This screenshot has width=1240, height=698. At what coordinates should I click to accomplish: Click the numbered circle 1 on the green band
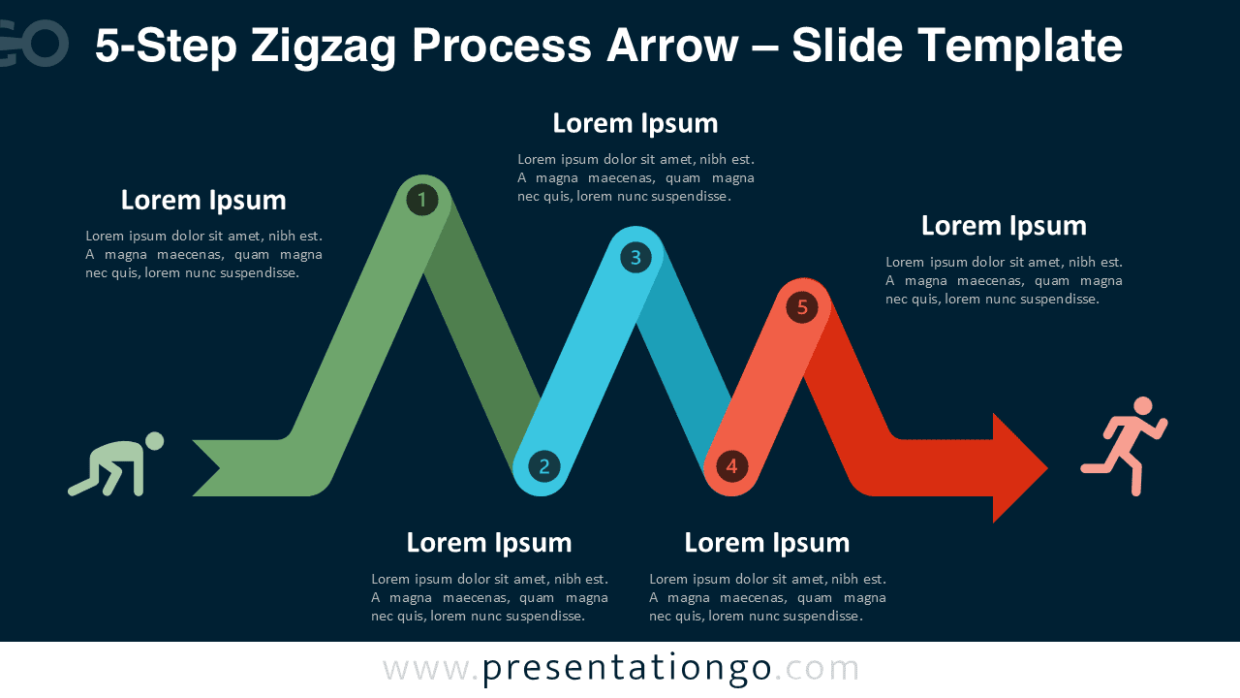421,201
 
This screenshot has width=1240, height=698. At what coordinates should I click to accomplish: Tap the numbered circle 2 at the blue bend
543,466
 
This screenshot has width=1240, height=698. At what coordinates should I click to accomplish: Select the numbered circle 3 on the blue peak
635,257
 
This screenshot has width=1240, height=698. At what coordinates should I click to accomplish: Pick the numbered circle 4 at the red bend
731,466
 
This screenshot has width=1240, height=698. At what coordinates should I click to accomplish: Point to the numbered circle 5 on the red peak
802,307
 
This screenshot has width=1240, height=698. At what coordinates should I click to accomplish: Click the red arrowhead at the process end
1017,468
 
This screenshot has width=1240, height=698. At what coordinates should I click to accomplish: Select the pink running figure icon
1125,447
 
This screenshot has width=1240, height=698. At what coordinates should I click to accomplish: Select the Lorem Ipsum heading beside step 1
203,200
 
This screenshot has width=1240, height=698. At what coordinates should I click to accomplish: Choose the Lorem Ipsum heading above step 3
635,123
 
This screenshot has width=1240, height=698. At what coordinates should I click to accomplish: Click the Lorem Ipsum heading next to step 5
1004,225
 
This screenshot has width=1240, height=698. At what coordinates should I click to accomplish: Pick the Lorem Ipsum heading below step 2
489,542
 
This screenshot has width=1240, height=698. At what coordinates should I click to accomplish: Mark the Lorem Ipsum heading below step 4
766,542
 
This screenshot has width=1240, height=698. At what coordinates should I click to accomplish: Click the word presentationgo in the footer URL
627,669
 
